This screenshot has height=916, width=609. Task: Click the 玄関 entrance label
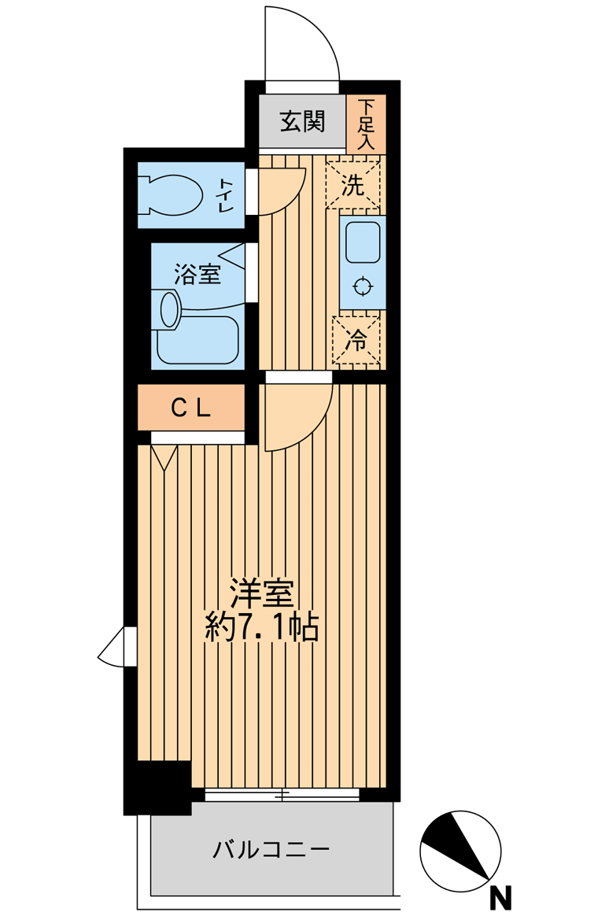[302, 121]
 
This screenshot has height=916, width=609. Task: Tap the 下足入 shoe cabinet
[366, 124]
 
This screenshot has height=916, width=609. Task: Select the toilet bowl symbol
[170, 194]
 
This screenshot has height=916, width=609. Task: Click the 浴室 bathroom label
[197, 274]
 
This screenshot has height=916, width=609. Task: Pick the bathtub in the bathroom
[198, 340]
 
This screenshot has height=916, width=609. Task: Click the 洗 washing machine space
[353, 185]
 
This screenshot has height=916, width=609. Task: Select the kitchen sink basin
[363, 242]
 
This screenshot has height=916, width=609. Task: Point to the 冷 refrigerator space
[356, 340]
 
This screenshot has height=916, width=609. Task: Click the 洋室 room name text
[260, 594]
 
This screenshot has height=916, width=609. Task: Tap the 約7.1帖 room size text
[261, 627]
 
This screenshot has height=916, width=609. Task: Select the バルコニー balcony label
[271, 848]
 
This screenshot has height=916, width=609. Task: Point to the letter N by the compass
[500, 896]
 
